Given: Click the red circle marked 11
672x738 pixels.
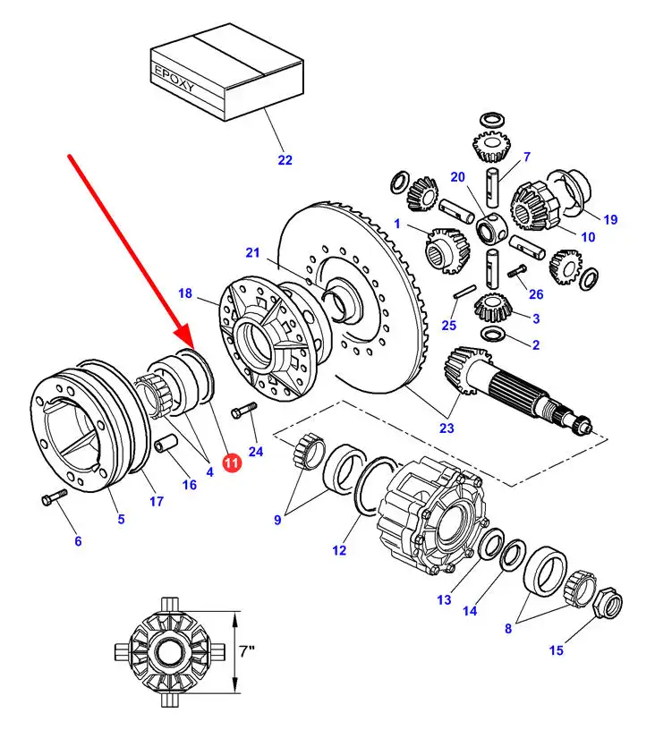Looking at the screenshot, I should (231, 462).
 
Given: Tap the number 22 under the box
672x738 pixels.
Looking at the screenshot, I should (285, 160).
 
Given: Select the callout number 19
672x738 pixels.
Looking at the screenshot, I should (609, 219).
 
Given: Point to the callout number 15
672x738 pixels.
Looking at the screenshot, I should (557, 650).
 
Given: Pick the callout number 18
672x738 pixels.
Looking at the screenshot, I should (185, 293).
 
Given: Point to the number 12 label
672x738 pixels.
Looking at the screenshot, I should (339, 551).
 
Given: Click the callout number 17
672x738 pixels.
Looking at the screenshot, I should (156, 501).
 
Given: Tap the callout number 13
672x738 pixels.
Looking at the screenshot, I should (445, 599).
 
